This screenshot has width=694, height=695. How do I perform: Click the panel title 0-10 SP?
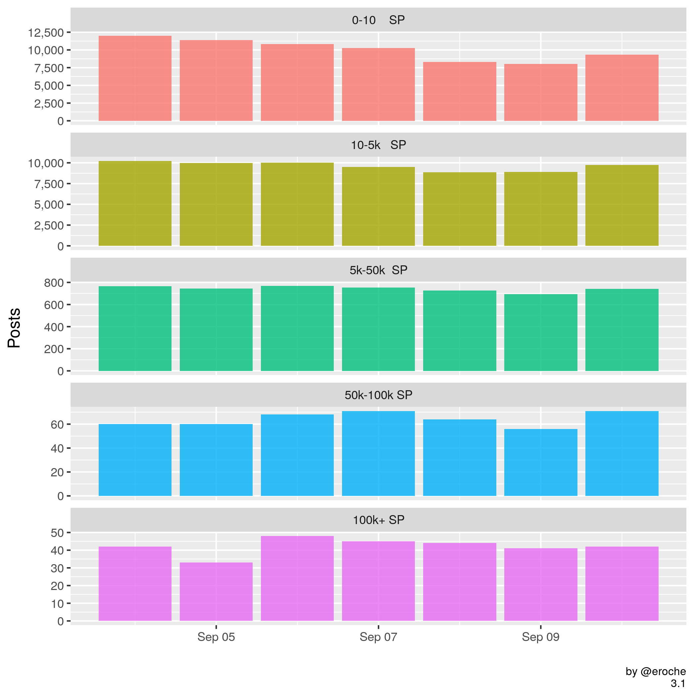378,20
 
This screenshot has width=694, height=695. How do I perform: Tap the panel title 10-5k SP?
378,145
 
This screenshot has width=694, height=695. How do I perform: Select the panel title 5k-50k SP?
378,270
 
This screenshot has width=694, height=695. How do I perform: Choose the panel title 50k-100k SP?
378,395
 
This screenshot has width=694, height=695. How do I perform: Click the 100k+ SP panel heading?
378,520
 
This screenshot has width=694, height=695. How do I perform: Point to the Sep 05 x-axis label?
216,637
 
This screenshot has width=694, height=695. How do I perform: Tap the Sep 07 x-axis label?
378,637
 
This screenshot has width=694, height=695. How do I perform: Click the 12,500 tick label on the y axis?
46,33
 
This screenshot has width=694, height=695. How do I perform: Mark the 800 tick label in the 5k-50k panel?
54,283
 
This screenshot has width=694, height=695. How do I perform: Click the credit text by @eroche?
655,671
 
